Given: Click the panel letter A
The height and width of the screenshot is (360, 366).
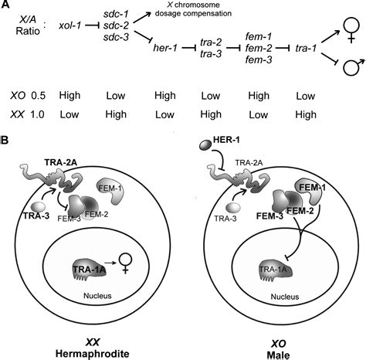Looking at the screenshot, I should (x=6, y=5).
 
